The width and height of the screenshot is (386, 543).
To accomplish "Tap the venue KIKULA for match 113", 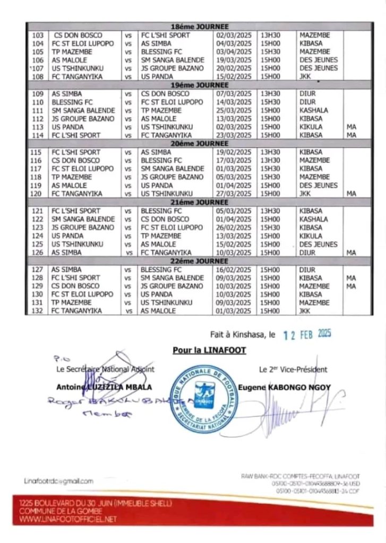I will click(x=310, y=127).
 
